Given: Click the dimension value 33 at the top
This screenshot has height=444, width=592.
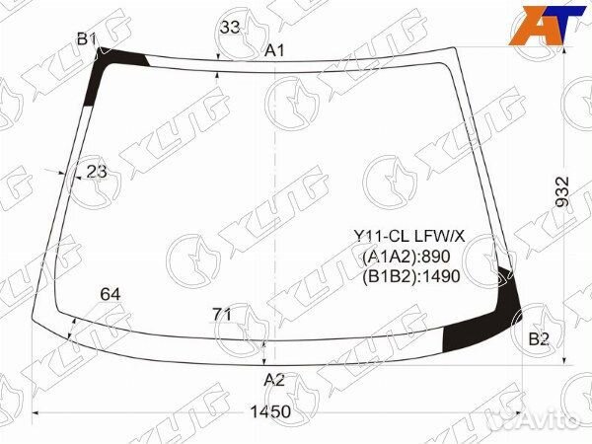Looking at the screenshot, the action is [x=230, y=28].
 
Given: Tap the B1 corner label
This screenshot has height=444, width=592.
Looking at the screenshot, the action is [x=87, y=38].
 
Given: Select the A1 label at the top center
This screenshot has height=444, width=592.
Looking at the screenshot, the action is [x=274, y=50].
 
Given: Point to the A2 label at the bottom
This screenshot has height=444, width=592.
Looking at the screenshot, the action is [x=274, y=380].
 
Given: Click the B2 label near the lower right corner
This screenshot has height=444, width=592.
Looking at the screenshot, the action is [x=539, y=339].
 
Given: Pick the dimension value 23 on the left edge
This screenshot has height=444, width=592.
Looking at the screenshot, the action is [x=97, y=172].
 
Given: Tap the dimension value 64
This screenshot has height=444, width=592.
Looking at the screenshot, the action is [x=111, y=294].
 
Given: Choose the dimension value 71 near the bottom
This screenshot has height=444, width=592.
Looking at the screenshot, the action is [x=222, y=314].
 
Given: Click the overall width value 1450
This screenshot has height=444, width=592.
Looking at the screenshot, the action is [x=270, y=411].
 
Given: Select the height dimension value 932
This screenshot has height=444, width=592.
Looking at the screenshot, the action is [x=562, y=191].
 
